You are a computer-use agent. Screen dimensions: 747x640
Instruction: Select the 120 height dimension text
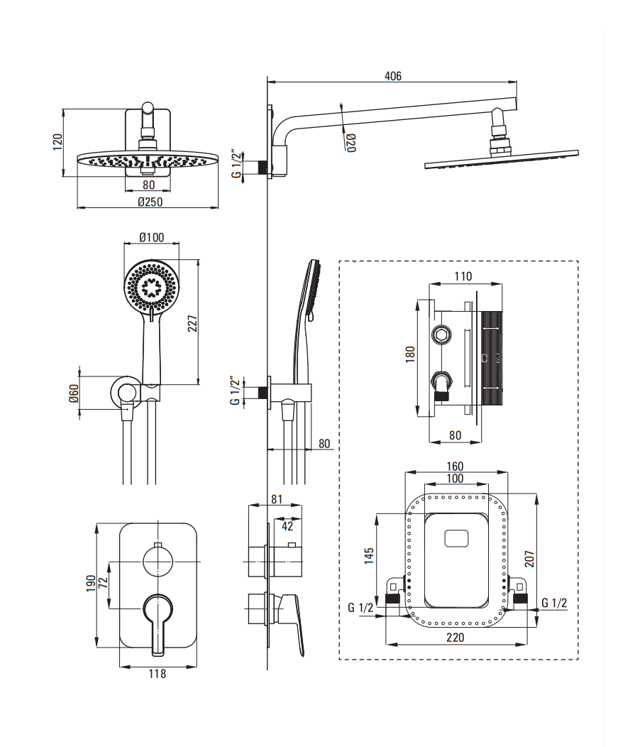click(58, 142)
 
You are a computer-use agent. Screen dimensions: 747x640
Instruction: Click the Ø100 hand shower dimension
click(151, 236)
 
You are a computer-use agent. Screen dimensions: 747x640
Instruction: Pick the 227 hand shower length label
click(192, 323)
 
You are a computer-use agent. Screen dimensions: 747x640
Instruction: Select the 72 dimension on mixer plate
click(102, 584)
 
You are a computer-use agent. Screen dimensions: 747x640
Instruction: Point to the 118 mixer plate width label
click(158, 673)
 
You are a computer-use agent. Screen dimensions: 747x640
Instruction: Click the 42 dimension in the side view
click(288, 526)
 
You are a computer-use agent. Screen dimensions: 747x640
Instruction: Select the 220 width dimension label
click(455, 638)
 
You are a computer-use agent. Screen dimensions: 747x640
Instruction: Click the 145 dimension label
click(369, 555)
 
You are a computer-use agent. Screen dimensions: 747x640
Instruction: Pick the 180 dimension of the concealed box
click(410, 354)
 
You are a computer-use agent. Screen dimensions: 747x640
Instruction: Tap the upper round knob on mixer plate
click(158, 560)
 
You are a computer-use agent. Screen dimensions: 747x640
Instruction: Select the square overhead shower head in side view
click(501, 160)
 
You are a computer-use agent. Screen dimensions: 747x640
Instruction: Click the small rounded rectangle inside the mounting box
click(456, 538)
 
